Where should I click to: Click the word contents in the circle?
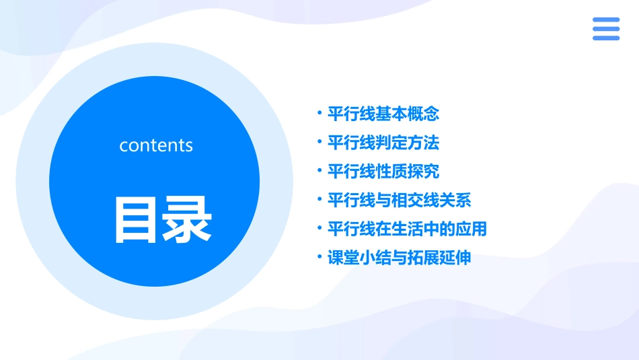tap(156, 145)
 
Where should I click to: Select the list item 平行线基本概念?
tap(383, 114)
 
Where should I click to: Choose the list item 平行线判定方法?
tap(383, 143)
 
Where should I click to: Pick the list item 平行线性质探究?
tap(383, 172)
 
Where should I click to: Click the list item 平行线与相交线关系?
tap(399, 201)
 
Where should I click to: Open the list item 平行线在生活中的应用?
tap(406, 229)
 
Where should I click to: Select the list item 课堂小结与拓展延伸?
tap(399, 258)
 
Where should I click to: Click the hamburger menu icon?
tap(606, 29)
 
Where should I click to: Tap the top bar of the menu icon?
tap(606, 20)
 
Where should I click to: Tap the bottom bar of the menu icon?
tap(606, 38)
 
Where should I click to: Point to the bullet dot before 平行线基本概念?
tap(320, 113)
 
